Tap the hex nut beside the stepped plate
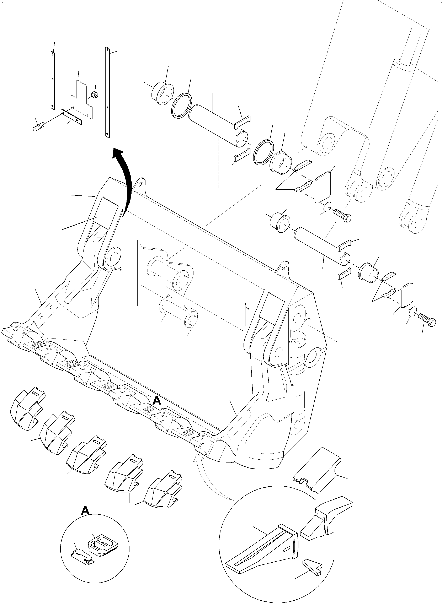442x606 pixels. coord(94,94)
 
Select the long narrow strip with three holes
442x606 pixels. coord(107,92)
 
